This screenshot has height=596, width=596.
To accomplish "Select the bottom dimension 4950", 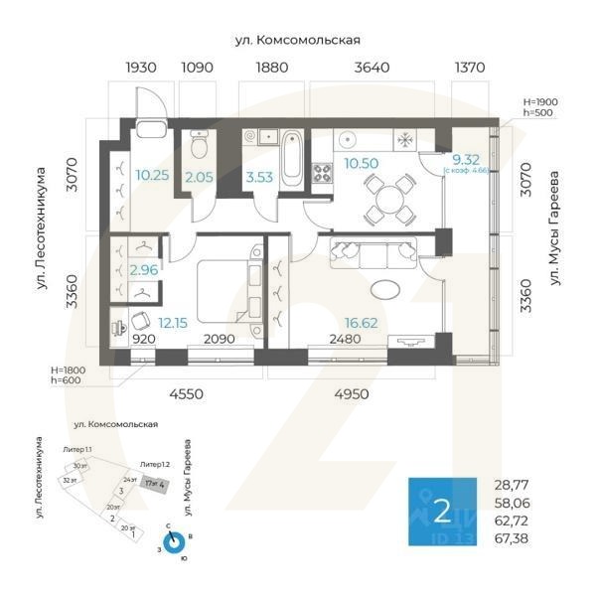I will pos(350,394).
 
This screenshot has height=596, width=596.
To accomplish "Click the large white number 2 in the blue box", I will pos(441,513).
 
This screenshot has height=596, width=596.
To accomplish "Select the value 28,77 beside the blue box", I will pos(512,486).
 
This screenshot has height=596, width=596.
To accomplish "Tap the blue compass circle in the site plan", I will pos(174,541).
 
